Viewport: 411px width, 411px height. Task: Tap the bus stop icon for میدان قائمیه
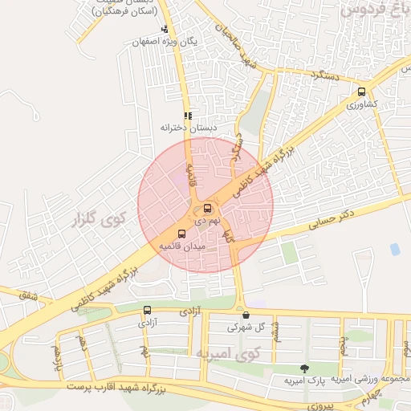coord(181,234)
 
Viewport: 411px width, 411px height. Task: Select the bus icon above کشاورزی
coord(361,92)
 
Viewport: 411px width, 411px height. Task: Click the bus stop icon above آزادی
coord(147,311)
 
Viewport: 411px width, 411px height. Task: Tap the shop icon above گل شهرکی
coord(246,315)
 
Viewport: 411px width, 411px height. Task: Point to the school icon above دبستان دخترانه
coord(187,116)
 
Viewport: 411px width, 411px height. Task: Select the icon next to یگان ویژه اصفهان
coord(164,30)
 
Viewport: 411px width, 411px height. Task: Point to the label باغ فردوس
coord(373,10)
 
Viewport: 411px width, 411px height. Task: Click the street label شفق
coord(29,296)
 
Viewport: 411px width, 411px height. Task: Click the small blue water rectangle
coord(394,249)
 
